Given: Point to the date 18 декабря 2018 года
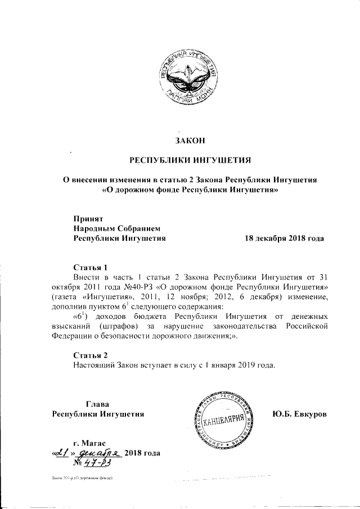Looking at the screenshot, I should click(284, 238).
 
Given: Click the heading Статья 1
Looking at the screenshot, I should click(90, 267).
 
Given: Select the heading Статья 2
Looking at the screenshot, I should click(90, 354).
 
